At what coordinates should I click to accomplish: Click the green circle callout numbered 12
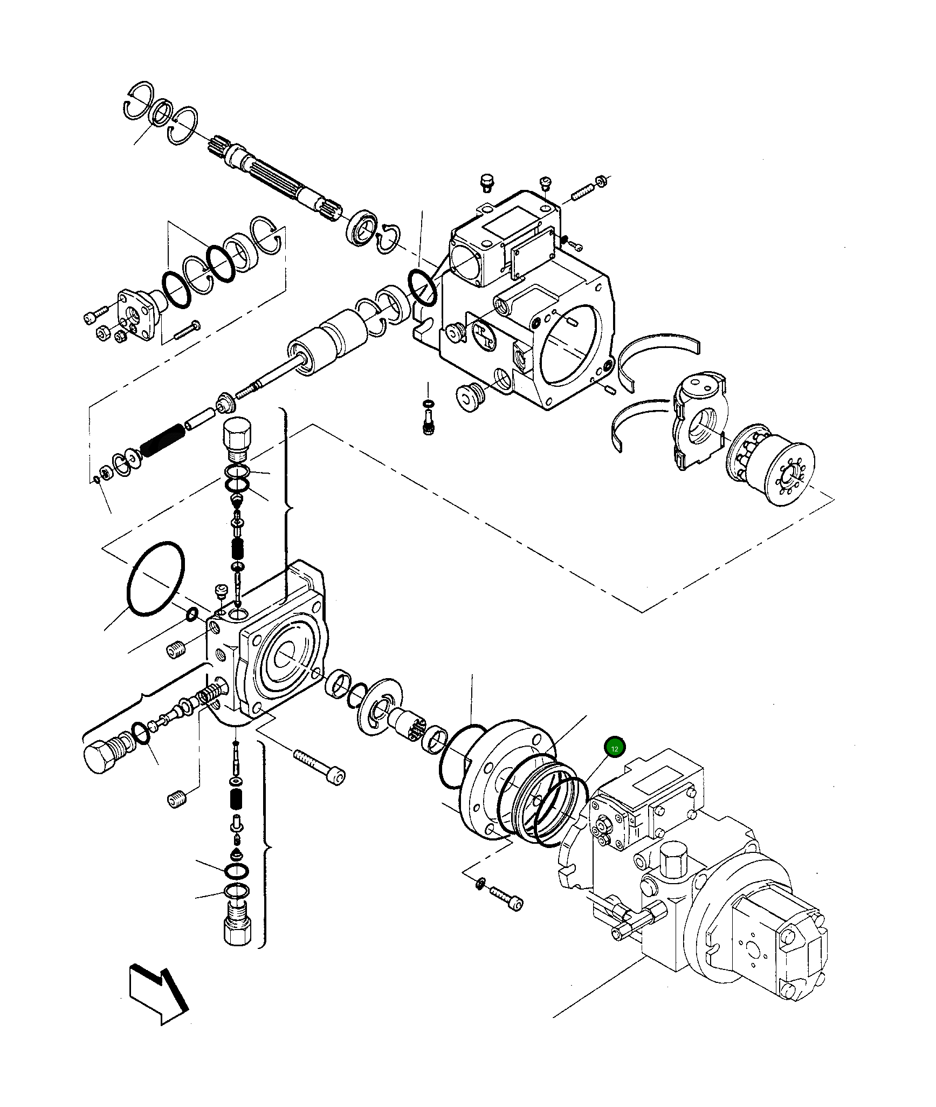click(615, 748)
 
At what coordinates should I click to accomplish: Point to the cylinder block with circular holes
click(771, 466)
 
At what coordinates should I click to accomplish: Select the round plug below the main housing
click(471, 398)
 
